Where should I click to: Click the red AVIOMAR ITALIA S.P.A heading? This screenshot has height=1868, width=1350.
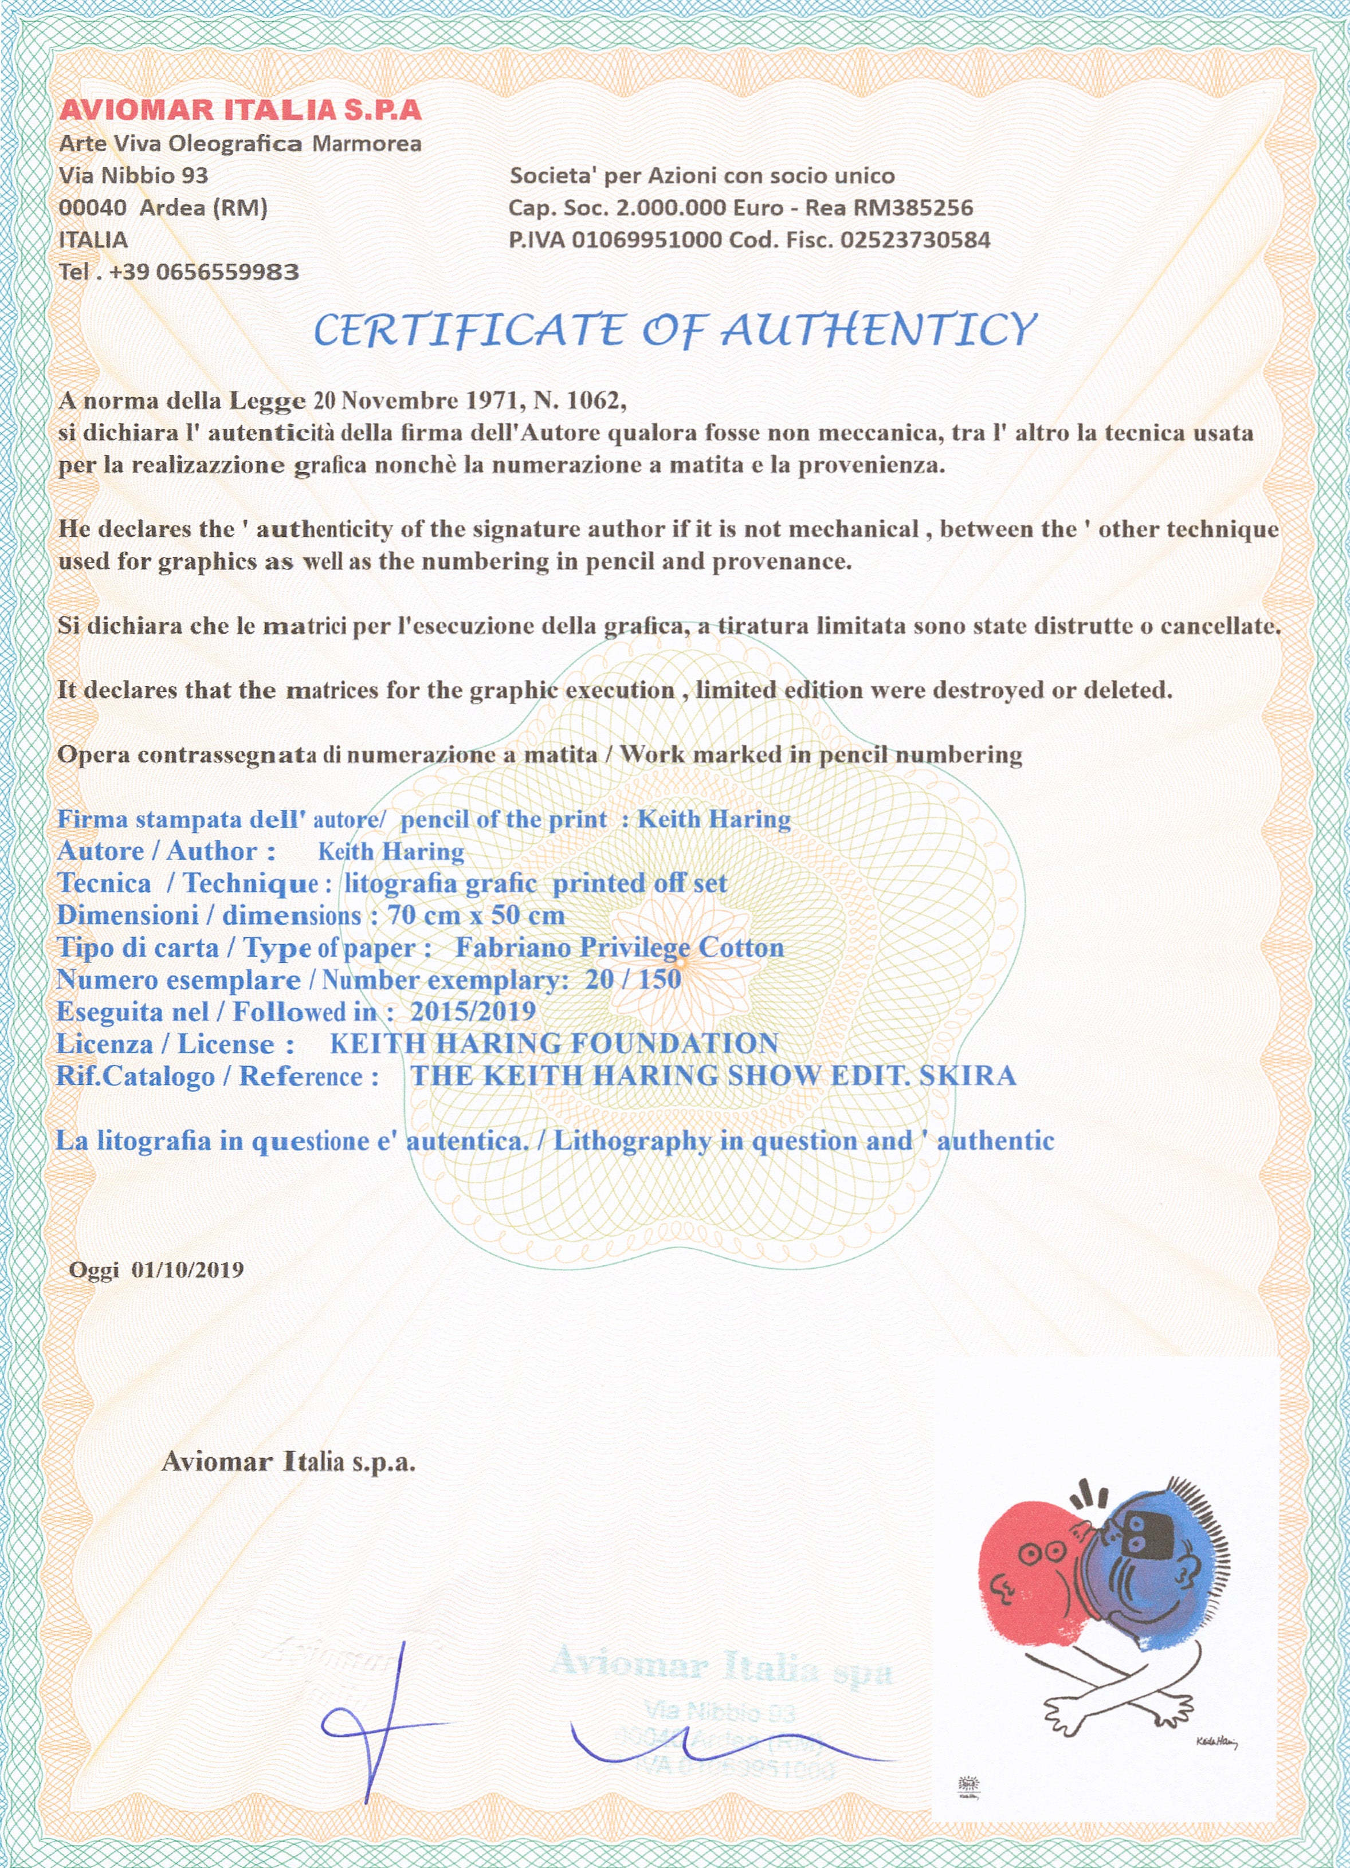click(240, 109)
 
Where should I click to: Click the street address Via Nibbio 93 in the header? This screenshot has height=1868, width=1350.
click(134, 175)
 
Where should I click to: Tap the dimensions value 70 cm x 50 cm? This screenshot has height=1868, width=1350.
click(476, 915)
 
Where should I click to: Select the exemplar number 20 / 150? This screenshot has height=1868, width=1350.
click(633, 980)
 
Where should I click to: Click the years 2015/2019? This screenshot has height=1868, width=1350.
click(473, 1012)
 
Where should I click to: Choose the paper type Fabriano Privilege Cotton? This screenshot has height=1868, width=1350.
click(619, 947)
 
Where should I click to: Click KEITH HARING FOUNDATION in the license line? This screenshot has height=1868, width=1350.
click(554, 1044)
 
